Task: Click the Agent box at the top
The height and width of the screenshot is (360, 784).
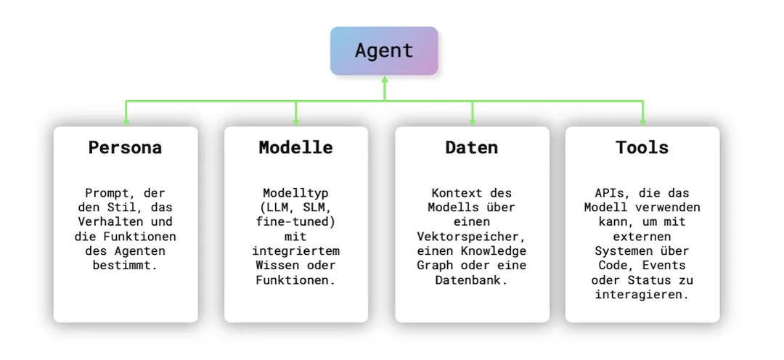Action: pyautogui.click(x=384, y=51)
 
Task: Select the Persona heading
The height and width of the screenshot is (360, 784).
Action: pyautogui.click(x=125, y=148)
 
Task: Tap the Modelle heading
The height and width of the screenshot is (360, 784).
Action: pyautogui.click(x=295, y=148)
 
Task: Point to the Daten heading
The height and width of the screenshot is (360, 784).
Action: pyautogui.click(x=472, y=148)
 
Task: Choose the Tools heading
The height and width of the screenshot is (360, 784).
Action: pyautogui.click(x=642, y=148)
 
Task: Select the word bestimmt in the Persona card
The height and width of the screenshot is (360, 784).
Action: pyautogui.click(x=125, y=266)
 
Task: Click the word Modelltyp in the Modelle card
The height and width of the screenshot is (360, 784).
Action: pyautogui.click(x=295, y=193)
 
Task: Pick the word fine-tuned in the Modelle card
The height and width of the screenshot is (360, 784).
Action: pyautogui.click(x=295, y=222)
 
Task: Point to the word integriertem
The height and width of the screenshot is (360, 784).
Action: pyautogui.click(x=295, y=251)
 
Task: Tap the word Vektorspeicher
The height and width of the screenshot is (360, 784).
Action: pyautogui.click(x=472, y=237)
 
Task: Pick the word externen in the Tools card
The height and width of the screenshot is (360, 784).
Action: pyautogui.click(x=642, y=237)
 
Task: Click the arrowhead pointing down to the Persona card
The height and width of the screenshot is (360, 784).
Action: pyautogui.click(x=126, y=122)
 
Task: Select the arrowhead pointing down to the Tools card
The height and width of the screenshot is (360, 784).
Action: pyautogui.click(x=642, y=122)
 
